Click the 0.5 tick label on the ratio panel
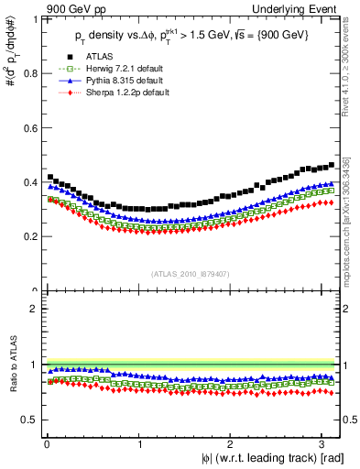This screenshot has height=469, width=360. pyautogui.click(x=30, y=420)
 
